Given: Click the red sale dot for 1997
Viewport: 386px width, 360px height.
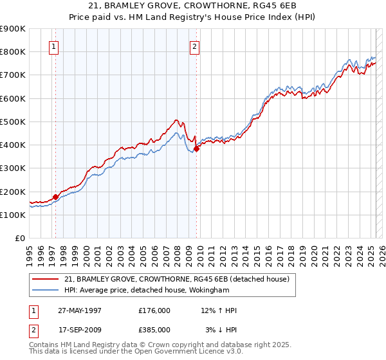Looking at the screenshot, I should [x=55, y=197].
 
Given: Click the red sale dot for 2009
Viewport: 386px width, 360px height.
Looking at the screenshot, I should [x=196, y=148].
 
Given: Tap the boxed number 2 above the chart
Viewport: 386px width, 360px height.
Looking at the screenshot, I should [x=194, y=46].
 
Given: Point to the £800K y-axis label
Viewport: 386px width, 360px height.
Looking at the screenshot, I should [x=13, y=51].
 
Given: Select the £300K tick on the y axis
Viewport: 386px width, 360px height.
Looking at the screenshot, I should [x=13, y=168].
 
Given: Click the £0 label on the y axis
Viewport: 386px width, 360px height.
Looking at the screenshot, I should [x=19, y=239].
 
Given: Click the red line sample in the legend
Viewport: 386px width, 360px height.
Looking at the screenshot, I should [x=46, y=279].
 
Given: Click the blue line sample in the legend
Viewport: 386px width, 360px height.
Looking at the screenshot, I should [x=46, y=290].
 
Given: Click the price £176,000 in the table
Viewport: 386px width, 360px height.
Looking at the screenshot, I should [x=154, y=310].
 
